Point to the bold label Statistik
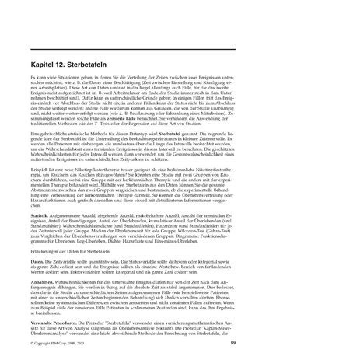[40, 211]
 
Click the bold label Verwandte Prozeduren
[55, 320]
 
